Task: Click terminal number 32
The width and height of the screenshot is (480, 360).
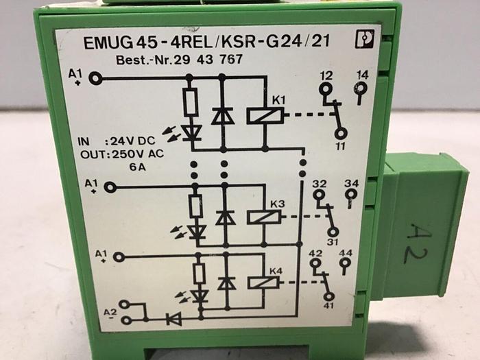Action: (319, 184)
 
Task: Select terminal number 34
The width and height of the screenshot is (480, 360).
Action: (352, 184)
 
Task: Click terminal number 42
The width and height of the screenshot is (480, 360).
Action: (315, 253)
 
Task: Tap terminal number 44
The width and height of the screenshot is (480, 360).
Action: (346, 253)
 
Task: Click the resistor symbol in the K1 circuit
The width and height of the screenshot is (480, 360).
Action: (191, 101)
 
